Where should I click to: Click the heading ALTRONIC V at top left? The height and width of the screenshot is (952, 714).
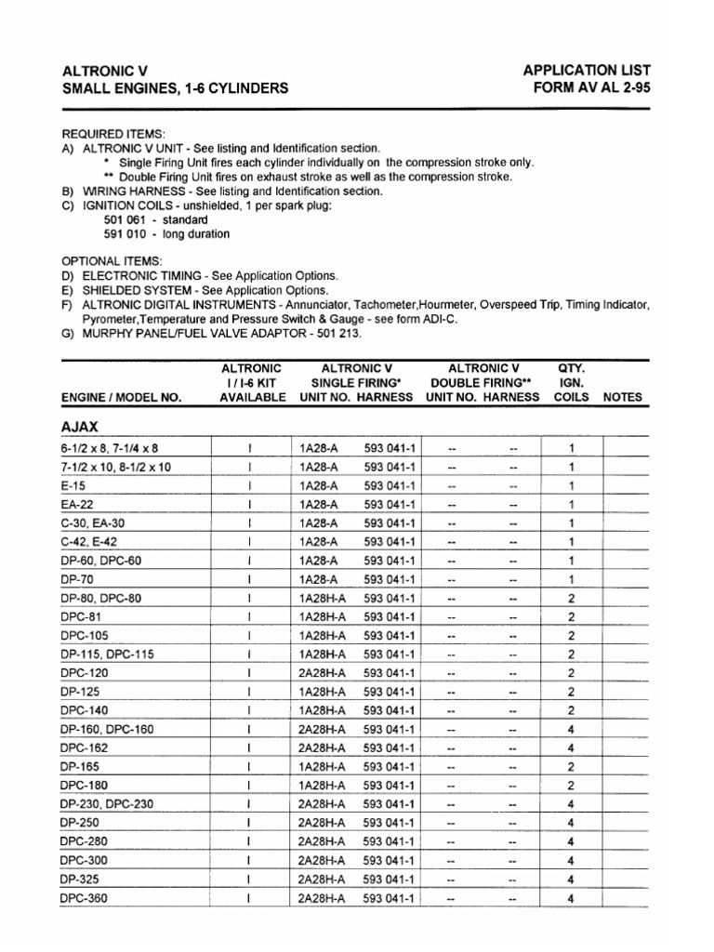pyautogui.click(x=104, y=71)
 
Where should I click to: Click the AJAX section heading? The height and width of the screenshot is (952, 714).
pyautogui.click(x=80, y=427)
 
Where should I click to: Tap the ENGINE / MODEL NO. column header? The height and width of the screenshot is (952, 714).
pyautogui.click(x=121, y=397)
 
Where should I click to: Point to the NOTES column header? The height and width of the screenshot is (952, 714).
pyautogui.click(x=623, y=397)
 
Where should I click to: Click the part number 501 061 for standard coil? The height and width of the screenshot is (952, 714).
pyautogui.click(x=122, y=219)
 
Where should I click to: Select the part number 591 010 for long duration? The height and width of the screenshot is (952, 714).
pyautogui.click(x=122, y=234)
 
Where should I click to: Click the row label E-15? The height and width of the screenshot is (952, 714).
pyautogui.click(x=73, y=485)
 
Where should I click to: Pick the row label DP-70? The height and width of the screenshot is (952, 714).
pyautogui.click(x=77, y=579)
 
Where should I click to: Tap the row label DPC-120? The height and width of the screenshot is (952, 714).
pyautogui.click(x=84, y=672)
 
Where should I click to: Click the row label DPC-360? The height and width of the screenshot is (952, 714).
pyautogui.click(x=84, y=898)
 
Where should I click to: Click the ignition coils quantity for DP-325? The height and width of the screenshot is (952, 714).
pyautogui.click(x=571, y=879)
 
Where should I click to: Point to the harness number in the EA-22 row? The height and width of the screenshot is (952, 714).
pyautogui.click(x=390, y=504)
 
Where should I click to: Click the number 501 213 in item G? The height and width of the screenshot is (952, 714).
pyautogui.click(x=337, y=333)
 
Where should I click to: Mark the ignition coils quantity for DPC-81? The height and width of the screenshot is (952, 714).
pyautogui.click(x=571, y=616)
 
